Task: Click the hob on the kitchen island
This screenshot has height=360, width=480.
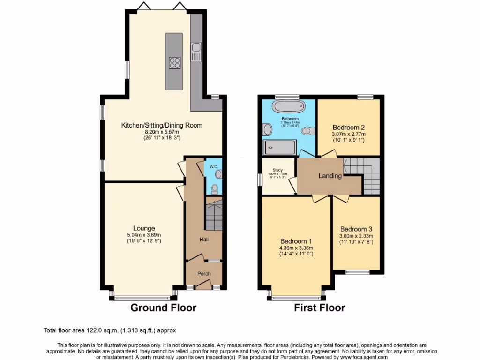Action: pos(174,63)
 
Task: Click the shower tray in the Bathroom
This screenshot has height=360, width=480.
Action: pos(280,147)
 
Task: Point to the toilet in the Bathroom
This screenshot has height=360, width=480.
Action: pos(307,130)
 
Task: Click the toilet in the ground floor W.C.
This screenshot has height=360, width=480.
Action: pos(214,189)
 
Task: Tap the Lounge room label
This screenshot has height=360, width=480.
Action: pos(144,228)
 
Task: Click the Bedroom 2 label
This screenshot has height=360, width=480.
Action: pos(348,127)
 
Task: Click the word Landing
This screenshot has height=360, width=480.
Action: pos(330,176)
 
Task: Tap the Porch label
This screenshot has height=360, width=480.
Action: pos(204,274)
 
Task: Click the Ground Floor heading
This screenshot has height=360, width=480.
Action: pos(163,308)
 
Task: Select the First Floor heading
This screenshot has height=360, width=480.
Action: pos(319,308)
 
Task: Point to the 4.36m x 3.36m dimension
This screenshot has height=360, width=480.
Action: pos(296,248)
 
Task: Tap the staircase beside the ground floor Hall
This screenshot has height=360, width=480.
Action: pos(214,214)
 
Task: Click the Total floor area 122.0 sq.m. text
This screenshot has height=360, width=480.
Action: pos(110,330)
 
